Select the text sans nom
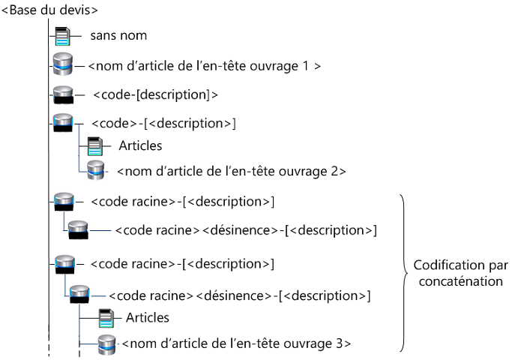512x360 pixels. pos(118,35)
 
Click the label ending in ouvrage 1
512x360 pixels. pos(205,66)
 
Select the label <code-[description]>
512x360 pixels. pos(156,94)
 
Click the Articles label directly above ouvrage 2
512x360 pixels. pos(140,145)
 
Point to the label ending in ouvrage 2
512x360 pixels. pos(231,171)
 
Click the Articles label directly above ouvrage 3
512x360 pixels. pos(148,318)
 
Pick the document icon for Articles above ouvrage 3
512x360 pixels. pos(108,318)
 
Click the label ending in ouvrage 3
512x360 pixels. pos(235,344)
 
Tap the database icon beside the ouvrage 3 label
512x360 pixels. pos(107,344)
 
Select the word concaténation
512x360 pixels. pos(460,280)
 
